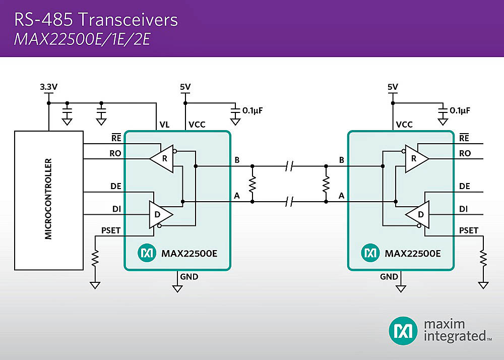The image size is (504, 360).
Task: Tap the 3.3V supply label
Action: point(48,87)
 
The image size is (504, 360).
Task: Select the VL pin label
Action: point(164,125)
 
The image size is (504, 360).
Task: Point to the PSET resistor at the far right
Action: point(484,260)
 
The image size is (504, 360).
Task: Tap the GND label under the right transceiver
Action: point(389,277)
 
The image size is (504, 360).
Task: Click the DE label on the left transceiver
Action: point(115,187)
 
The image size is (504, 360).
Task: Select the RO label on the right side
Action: point(465,154)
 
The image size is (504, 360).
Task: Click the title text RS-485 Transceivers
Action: point(96,20)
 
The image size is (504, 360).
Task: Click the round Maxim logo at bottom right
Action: point(403,331)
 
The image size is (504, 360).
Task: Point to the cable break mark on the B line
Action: point(289,165)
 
